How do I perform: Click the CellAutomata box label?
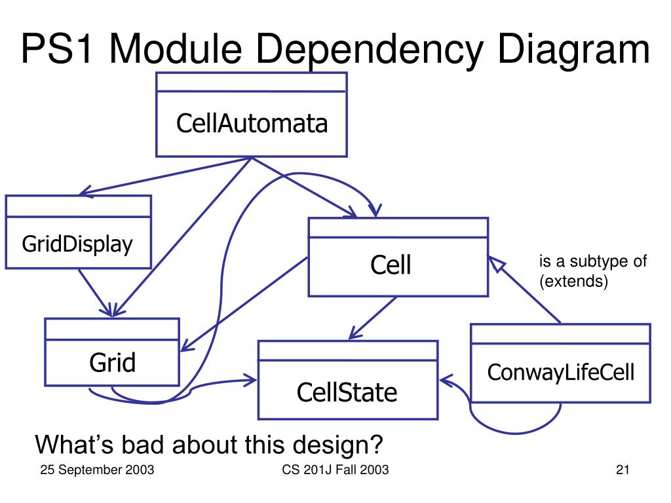tap(252, 123)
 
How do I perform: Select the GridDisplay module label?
tap(77, 244)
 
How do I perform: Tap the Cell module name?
tap(391, 265)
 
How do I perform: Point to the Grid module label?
tap(113, 362)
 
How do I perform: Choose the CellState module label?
tap(347, 392)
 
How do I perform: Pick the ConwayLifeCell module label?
tap(561, 373)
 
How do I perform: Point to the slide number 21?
tap(623, 470)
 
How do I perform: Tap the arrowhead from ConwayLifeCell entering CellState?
tap(446, 380)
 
